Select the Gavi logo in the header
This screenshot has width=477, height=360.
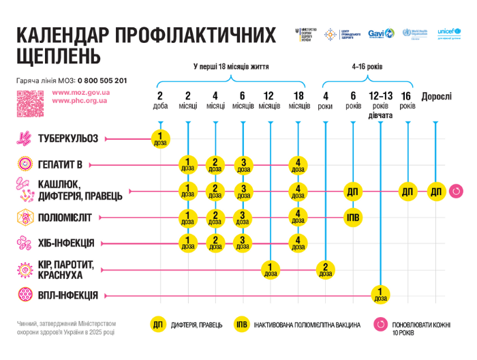(x=380, y=33)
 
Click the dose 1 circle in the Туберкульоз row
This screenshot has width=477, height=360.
(x=160, y=139)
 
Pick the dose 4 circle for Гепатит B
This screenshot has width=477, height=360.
(x=298, y=165)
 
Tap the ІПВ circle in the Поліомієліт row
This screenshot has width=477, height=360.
(x=353, y=217)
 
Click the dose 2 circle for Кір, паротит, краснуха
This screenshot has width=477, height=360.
(x=325, y=269)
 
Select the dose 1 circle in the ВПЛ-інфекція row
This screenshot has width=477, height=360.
(x=380, y=295)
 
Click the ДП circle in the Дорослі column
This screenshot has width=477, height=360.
(x=436, y=192)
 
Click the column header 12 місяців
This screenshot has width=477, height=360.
(x=269, y=100)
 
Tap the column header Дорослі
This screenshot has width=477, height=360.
(x=436, y=97)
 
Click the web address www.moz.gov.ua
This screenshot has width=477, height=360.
(x=81, y=92)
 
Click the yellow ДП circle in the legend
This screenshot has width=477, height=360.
(x=159, y=325)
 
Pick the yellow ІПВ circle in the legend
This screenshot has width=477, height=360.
(x=241, y=325)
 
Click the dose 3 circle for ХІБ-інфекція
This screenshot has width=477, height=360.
(x=243, y=243)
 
